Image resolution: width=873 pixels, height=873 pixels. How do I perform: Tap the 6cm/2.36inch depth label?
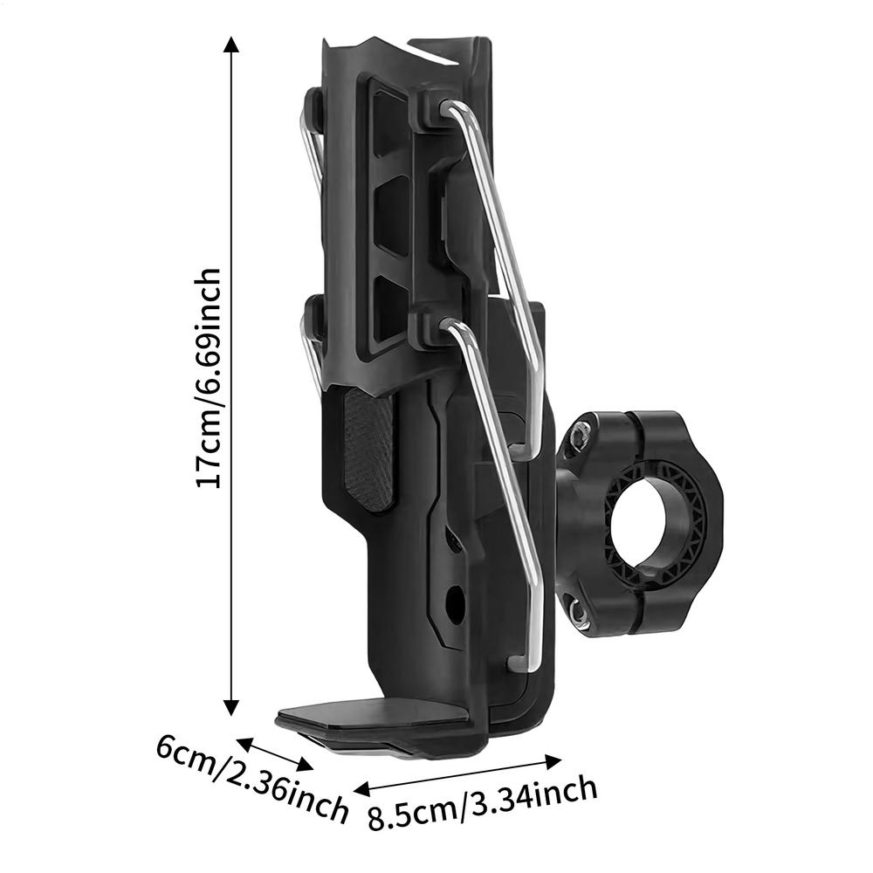coord(251,780)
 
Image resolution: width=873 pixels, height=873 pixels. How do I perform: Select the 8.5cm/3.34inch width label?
coord(483,803)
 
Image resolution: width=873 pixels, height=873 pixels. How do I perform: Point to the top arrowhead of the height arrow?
coord(231,44)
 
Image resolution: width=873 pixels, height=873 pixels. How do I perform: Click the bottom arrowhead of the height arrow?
coord(231,708)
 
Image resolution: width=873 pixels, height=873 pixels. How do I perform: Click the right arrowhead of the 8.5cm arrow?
coord(553,761)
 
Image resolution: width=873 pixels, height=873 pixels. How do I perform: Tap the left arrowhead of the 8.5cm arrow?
coord(362,789)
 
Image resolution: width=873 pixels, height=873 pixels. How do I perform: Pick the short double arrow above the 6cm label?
coord(275,754)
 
